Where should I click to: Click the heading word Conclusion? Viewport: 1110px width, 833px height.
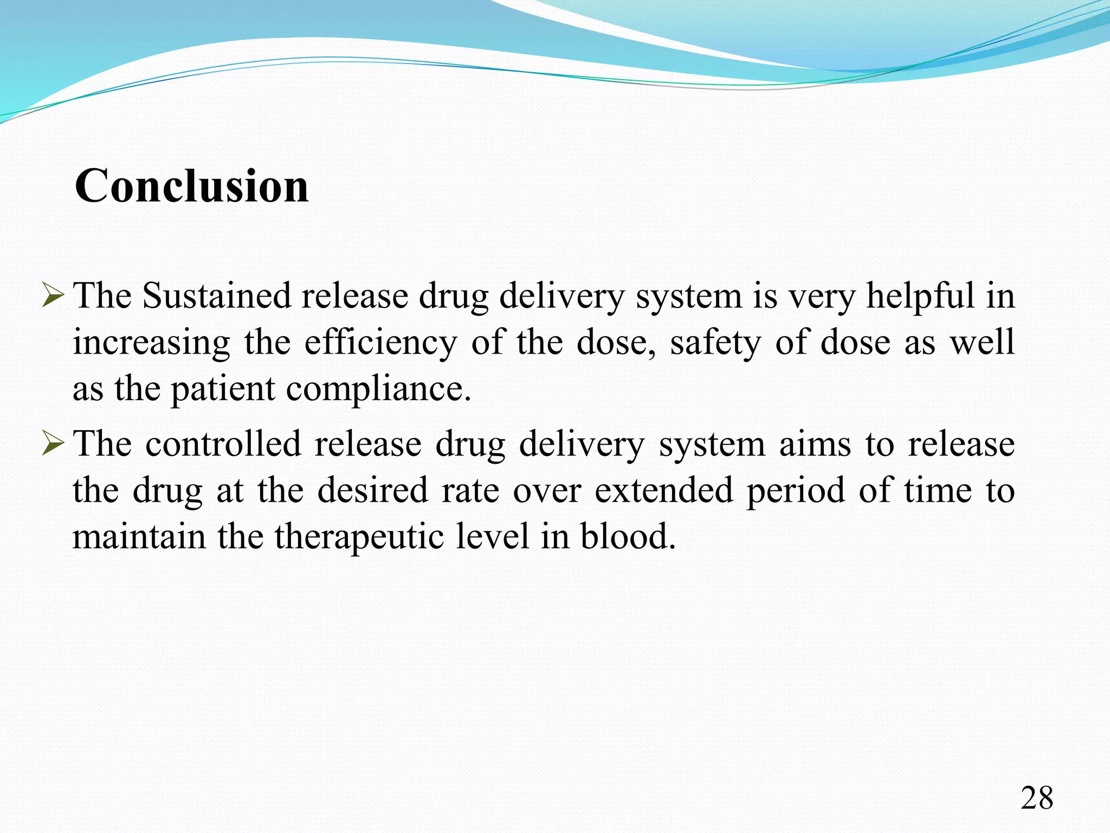tap(191, 186)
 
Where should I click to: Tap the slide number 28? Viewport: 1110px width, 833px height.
tap(1037, 798)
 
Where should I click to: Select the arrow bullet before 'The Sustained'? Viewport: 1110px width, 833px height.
tap(53, 296)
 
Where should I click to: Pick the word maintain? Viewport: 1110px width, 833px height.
tap(139, 537)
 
